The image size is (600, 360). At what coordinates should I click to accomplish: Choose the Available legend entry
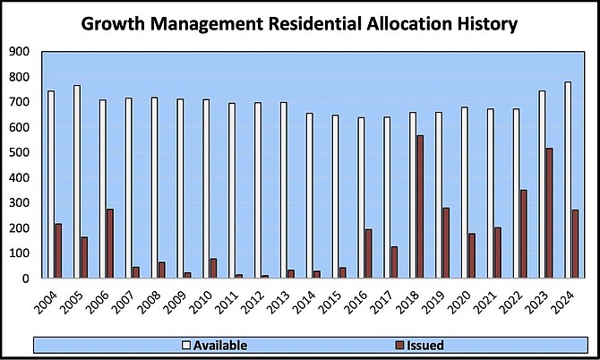click(214, 345)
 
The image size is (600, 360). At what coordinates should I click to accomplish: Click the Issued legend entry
click(421, 345)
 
